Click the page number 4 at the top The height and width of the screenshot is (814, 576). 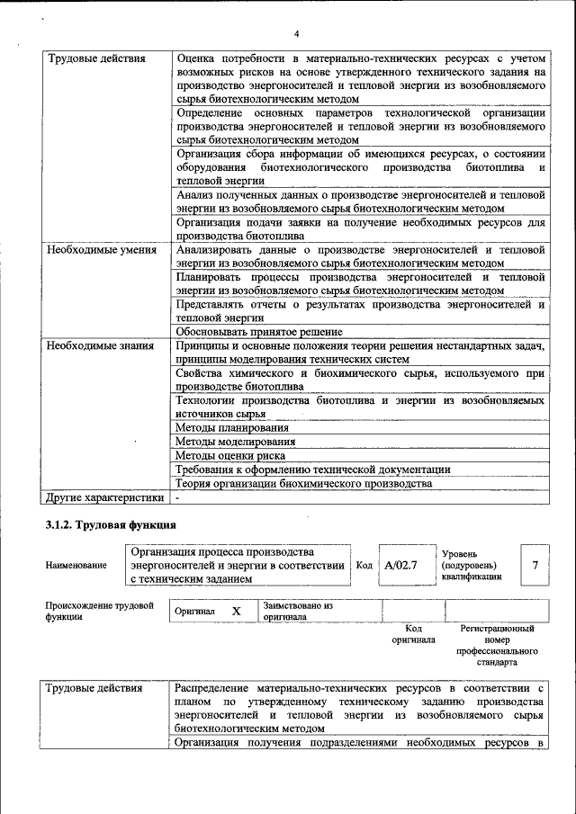click(x=295, y=35)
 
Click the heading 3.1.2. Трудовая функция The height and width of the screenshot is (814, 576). click(x=110, y=524)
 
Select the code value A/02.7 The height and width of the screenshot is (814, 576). click(x=400, y=565)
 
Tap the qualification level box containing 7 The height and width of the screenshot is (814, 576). click(x=535, y=565)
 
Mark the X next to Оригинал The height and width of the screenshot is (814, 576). click(x=237, y=611)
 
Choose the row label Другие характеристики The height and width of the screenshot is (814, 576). click(x=104, y=496)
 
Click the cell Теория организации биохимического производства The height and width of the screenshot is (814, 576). click(x=304, y=483)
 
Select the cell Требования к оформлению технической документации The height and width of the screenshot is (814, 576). click(x=313, y=470)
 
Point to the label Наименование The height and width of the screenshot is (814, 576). click(x=76, y=566)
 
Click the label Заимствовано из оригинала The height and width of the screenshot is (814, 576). click(x=298, y=612)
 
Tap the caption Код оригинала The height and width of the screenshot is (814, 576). click(x=413, y=634)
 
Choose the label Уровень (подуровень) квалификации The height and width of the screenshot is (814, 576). click(x=471, y=565)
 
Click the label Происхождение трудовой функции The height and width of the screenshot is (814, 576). click(x=99, y=612)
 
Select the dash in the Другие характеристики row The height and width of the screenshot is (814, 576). click(x=178, y=496)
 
